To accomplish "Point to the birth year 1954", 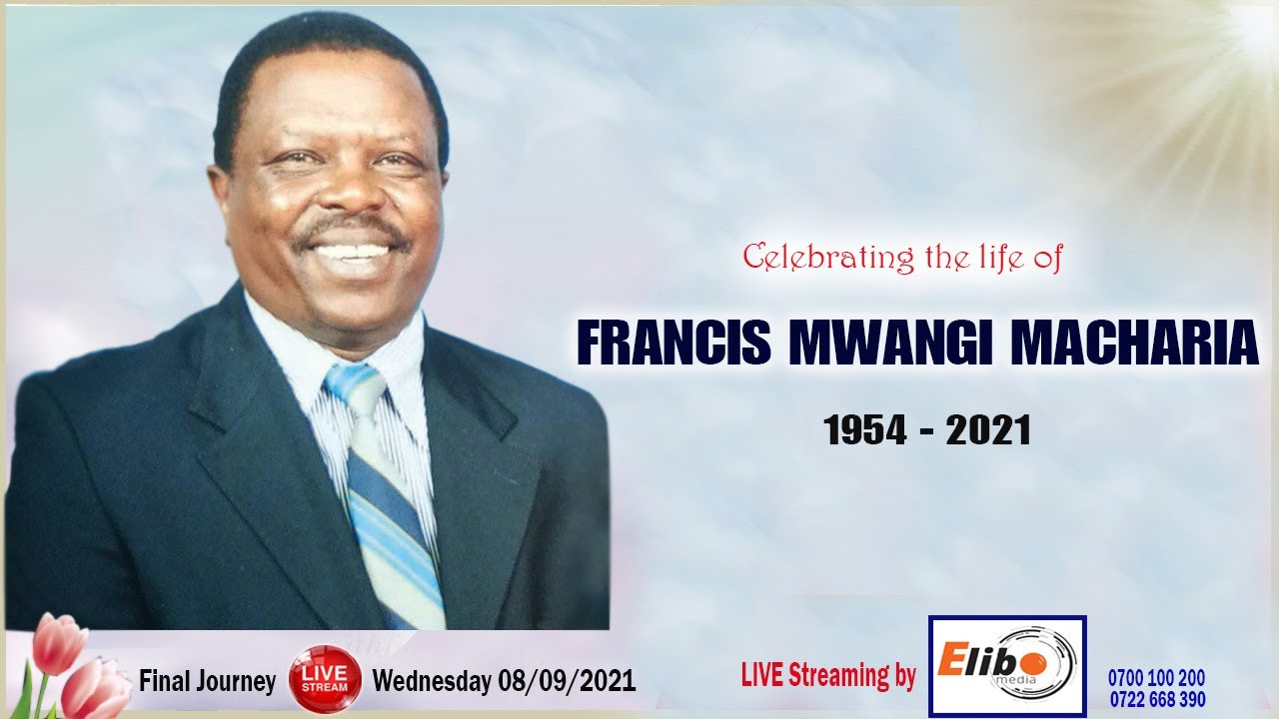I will click(863, 430).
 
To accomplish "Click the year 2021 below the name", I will click(988, 430).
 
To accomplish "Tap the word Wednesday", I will click(432, 682).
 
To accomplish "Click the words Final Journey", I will click(207, 682).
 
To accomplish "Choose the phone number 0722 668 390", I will click(1156, 699).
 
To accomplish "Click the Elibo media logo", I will click(1007, 665).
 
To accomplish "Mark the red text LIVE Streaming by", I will click(828, 676).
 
